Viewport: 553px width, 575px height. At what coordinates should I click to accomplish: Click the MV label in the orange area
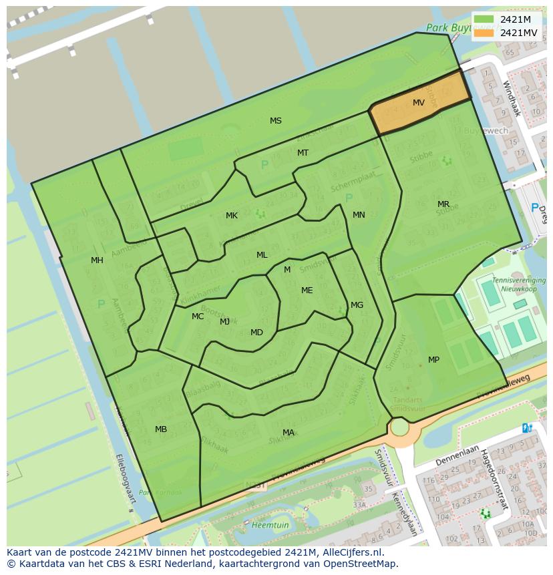pyautogui.click(x=419, y=103)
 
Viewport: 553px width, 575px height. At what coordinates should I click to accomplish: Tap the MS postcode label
pyautogui.click(x=276, y=121)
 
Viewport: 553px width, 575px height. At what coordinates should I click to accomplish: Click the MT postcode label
pyautogui.click(x=303, y=153)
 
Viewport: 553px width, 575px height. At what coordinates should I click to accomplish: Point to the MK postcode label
pyautogui.click(x=232, y=216)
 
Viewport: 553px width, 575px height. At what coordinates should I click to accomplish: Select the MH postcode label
pyautogui.click(x=98, y=260)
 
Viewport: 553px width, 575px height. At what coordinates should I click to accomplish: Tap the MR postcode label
pyautogui.click(x=443, y=204)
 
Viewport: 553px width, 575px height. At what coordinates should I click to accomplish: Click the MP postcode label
pyautogui.click(x=434, y=360)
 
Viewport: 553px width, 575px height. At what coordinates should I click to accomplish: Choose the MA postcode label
pyautogui.click(x=289, y=433)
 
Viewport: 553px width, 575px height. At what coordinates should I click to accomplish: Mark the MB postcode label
pyautogui.click(x=161, y=429)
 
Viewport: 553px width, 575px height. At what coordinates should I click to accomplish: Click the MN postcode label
pyautogui.click(x=359, y=215)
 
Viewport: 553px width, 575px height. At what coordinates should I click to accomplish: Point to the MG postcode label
pyautogui.click(x=357, y=305)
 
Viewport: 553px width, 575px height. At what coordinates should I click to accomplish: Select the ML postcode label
pyautogui.click(x=262, y=255)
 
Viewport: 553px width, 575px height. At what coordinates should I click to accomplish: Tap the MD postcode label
pyautogui.click(x=256, y=333)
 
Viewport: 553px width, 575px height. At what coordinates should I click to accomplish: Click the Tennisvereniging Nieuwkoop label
pyautogui.click(x=518, y=284)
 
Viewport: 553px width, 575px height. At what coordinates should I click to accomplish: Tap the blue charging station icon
pyautogui.click(x=527, y=428)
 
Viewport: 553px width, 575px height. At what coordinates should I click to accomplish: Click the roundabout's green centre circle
pyautogui.click(x=399, y=427)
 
